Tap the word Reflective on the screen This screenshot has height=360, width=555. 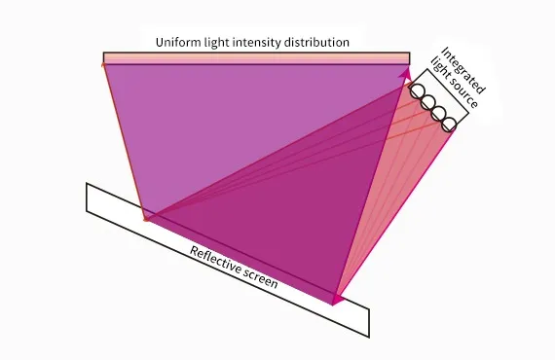coord(215,261)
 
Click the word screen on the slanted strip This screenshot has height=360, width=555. coord(260,280)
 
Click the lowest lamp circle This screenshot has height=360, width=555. coord(448,125)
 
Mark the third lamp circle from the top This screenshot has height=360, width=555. coord(438,113)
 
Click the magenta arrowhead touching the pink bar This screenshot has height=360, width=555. coord(406,70)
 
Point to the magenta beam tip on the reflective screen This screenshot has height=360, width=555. coord(337,300)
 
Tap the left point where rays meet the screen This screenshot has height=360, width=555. coord(145,219)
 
